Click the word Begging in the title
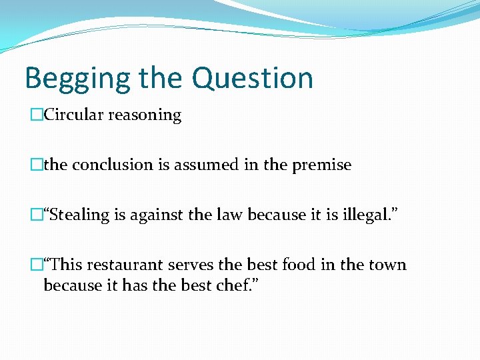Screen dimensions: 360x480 (x=77, y=79)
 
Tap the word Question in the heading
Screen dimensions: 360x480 (x=255, y=79)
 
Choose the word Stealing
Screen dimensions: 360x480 (x=79, y=215)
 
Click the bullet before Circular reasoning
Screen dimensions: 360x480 (x=37, y=115)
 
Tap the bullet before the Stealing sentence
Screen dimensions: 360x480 (x=37, y=215)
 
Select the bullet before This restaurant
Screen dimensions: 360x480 (x=37, y=265)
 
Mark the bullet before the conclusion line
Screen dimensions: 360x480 (x=37, y=165)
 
